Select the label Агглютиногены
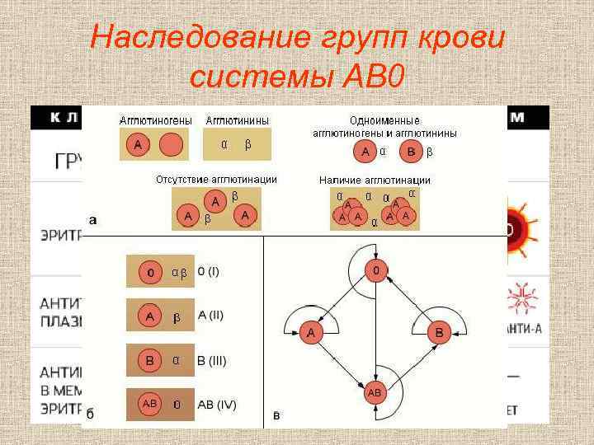click(157, 120)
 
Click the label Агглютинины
click(238, 120)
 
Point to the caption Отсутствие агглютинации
click(217, 180)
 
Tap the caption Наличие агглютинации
click(375, 180)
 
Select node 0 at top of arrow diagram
click(375, 270)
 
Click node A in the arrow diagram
click(311, 333)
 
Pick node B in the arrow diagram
click(439, 333)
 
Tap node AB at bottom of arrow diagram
click(375, 394)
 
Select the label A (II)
click(211, 316)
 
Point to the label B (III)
click(212, 360)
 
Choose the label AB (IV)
click(215, 405)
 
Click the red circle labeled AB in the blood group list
click(150, 405)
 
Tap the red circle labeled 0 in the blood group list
click(150, 271)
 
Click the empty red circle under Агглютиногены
click(170, 146)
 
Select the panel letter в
click(276, 415)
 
